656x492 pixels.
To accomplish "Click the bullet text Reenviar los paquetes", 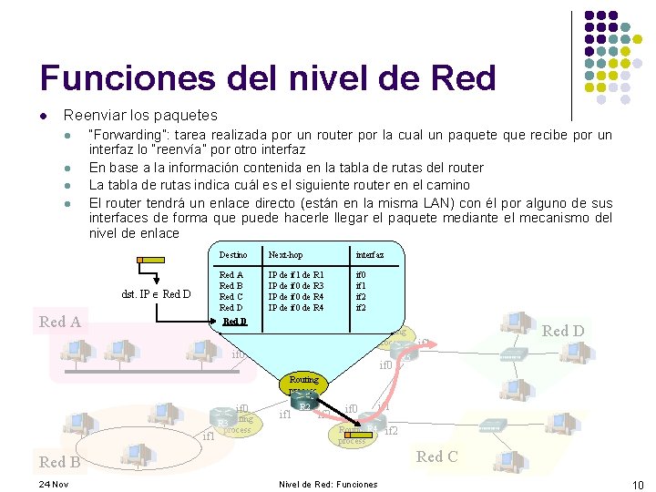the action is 139,115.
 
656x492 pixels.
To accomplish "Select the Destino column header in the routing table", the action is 233,256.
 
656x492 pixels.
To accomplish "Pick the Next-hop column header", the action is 285,256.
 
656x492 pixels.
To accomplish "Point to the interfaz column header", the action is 369,256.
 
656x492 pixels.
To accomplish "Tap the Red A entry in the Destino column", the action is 231,274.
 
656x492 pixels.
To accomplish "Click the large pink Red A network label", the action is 59,321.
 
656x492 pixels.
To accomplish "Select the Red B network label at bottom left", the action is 59,462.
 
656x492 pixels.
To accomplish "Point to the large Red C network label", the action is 436,456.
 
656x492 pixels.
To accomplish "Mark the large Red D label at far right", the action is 562,331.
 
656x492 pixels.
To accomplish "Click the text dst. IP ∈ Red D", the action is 156,293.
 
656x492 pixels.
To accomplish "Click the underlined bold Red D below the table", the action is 234,321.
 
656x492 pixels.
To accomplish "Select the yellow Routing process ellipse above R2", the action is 303,382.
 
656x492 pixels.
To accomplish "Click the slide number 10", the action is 638,484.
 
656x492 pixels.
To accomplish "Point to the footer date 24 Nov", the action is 54,484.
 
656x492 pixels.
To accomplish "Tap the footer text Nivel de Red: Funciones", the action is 327,484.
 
